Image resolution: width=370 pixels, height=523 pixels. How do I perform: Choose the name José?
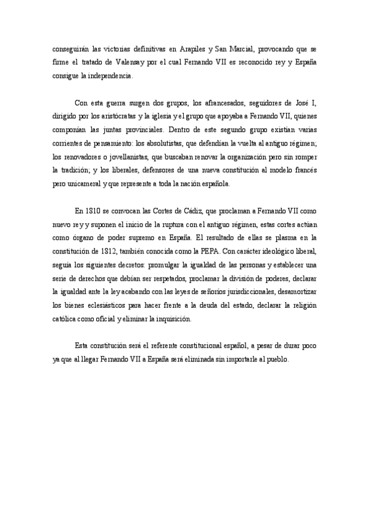click(x=311, y=103)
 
